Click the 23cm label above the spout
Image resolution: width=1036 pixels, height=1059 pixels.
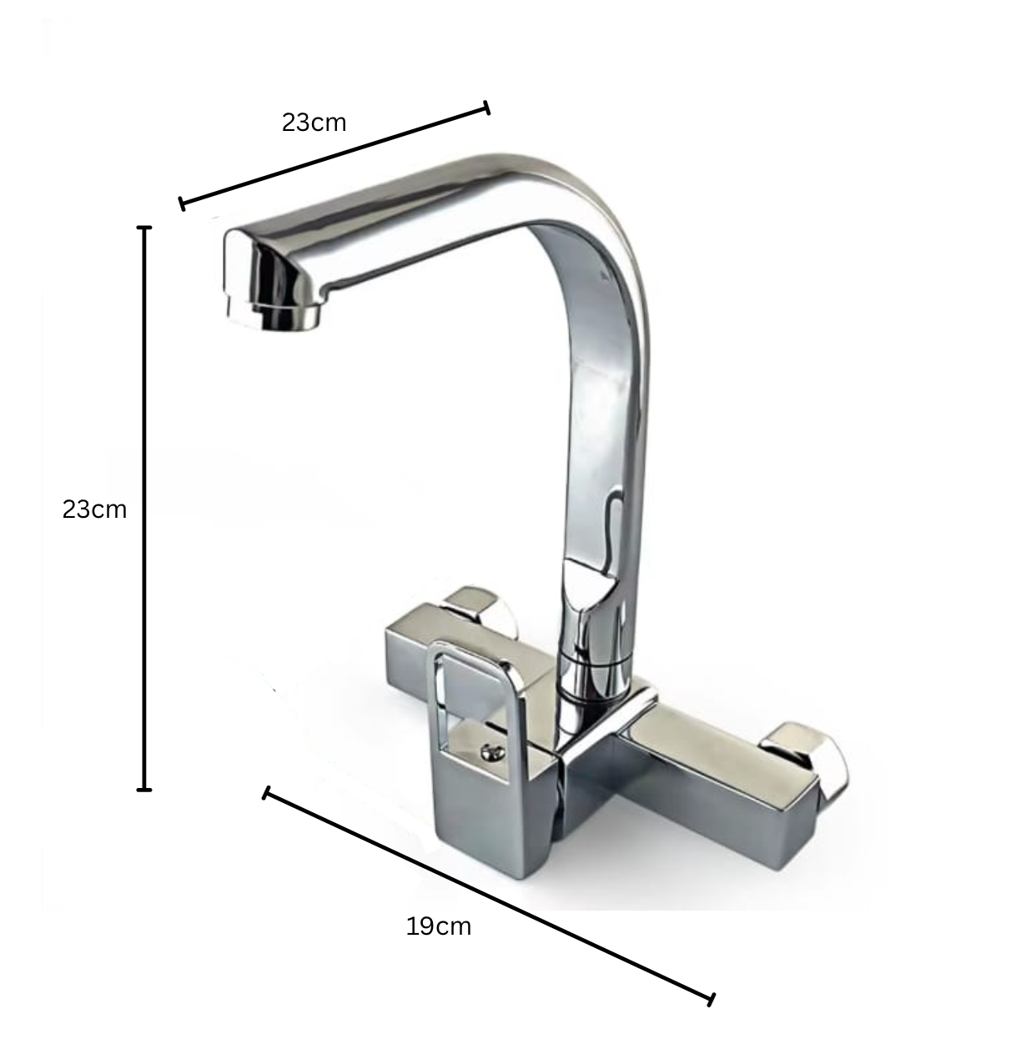[x=314, y=123]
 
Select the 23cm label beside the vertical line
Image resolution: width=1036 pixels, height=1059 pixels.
[x=94, y=509]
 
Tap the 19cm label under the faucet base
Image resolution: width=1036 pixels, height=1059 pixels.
[x=439, y=926]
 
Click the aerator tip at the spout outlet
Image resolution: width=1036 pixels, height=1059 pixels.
[x=288, y=317]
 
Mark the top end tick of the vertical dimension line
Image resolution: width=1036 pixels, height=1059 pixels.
[x=144, y=227]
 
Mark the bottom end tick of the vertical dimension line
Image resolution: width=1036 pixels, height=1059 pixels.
[x=144, y=789]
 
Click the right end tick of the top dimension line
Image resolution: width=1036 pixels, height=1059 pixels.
[x=487, y=108]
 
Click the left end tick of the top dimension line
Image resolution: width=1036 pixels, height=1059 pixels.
[x=182, y=203]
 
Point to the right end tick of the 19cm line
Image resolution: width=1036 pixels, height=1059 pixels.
[x=712, y=999]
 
